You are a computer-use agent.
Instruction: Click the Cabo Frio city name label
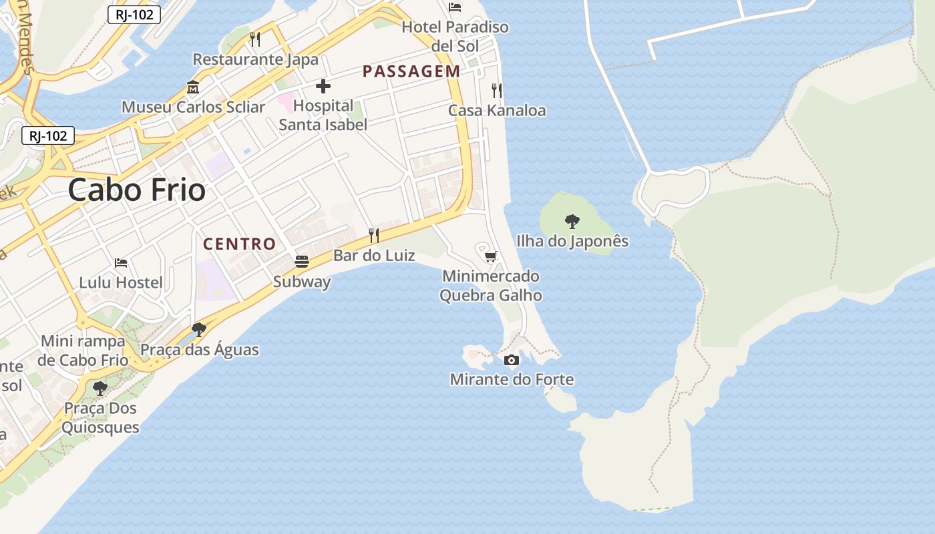[x=136, y=190]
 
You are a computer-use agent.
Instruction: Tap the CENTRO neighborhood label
[x=239, y=244]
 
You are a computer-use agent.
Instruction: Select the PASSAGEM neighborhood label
[x=411, y=71]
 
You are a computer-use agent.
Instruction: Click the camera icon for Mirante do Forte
[x=512, y=360]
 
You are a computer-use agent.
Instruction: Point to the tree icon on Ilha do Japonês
[x=572, y=221]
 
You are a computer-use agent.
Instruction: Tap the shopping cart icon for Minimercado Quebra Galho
[x=491, y=256]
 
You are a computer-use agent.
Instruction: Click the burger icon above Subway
[x=302, y=261]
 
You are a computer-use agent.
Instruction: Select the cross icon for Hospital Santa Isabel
[x=323, y=86]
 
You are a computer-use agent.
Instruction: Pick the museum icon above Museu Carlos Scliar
[x=193, y=87]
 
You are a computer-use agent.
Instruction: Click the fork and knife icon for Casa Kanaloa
[x=496, y=91]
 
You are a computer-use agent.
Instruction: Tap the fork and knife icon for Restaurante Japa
[x=255, y=39]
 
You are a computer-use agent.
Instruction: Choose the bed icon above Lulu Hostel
[x=121, y=263]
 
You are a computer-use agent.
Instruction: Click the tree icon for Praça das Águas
[x=198, y=329]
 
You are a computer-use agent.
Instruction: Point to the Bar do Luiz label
[x=374, y=256]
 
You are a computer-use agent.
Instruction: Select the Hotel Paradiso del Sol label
[x=455, y=37]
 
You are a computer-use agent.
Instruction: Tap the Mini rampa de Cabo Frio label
[x=83, y=350]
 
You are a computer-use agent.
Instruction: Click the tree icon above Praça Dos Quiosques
[x=100, y=388]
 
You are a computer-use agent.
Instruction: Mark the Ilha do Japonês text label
[x=572, y=241]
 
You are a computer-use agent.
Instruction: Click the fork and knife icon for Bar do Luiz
[x=374, y=235]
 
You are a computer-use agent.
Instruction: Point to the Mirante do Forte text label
[x=512, y=380]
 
